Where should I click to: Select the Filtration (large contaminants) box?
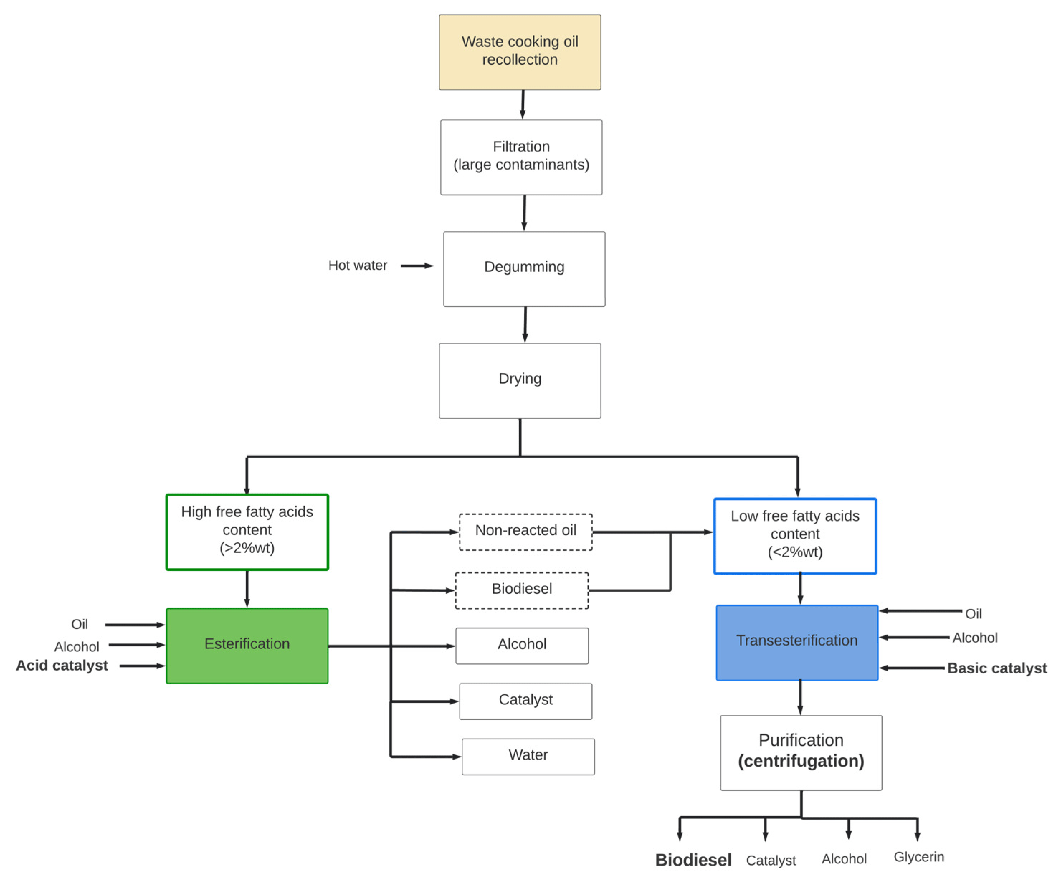pyautogui.click(x=521, y=157)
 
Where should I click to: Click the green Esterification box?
pyautogui.click(x=247, y=645)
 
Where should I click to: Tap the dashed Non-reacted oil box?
pyautogui.click(x=525, y=532)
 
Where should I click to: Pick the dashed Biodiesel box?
pyautogui.click(x=522, y=590)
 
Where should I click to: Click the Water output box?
pyautogui.click(x=528, y=756)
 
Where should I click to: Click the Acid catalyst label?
pyautogui.click(x=62, y=665)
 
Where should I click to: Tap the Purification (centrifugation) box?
pyautogui.click(x=800, y=752)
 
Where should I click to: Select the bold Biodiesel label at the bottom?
pyautogui.click(x=693, y=860)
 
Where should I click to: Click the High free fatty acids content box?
pyautogui.click(x=247, y=532)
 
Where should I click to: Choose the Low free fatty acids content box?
pyautogui.click(x=795, y=535)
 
